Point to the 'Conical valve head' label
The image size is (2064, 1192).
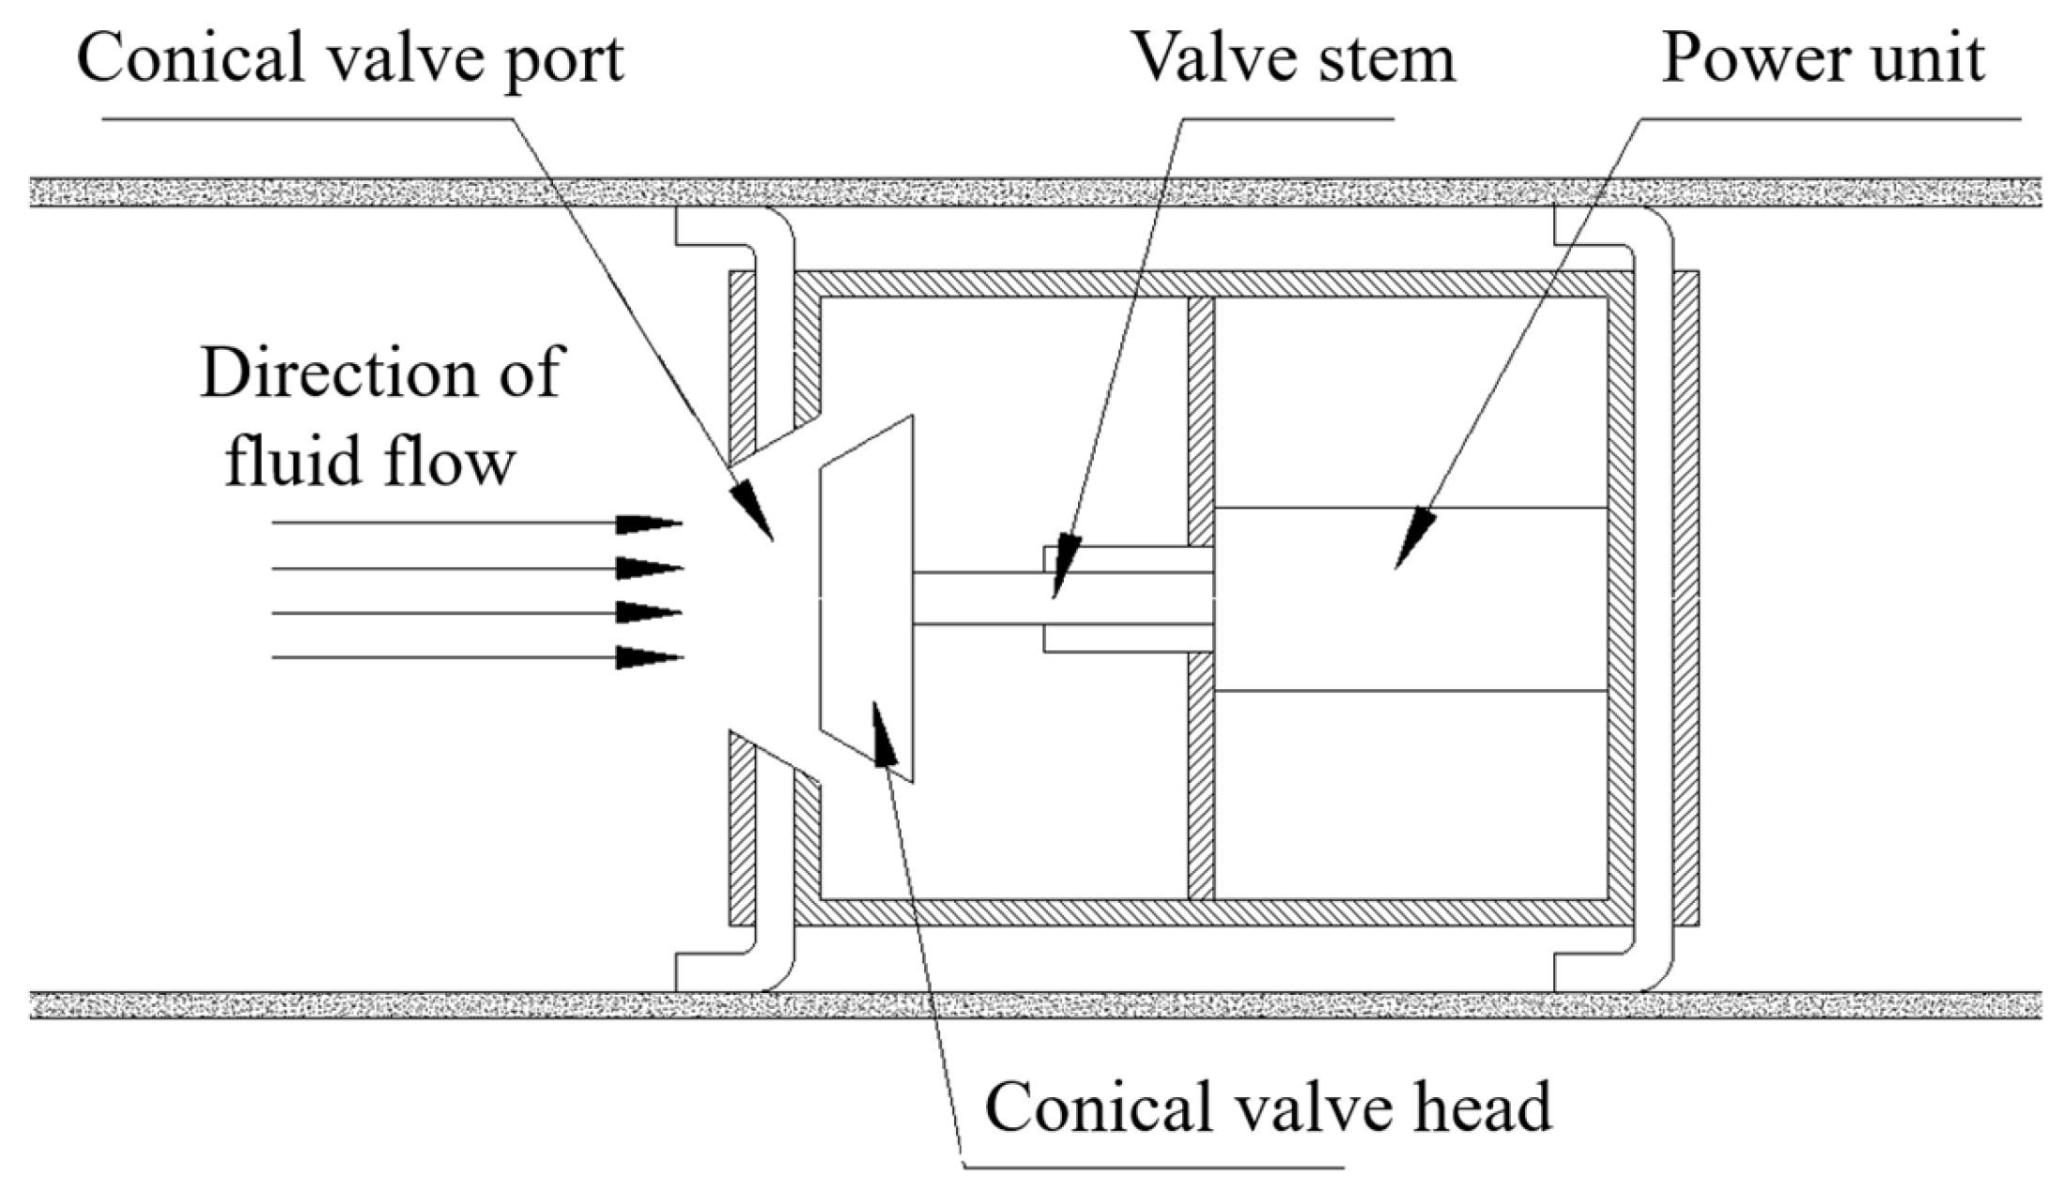pos(1268,1108)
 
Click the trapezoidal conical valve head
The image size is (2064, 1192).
pos(867,599)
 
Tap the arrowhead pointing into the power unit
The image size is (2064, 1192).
pos(1413,541)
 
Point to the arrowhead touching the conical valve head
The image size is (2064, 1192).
pos(883,735)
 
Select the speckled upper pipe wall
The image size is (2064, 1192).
pos(1033,191)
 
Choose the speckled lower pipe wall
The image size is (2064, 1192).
pos(1033,1005)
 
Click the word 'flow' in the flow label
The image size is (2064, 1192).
pos(461,462)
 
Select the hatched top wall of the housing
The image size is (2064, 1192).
pos(1211,284)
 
